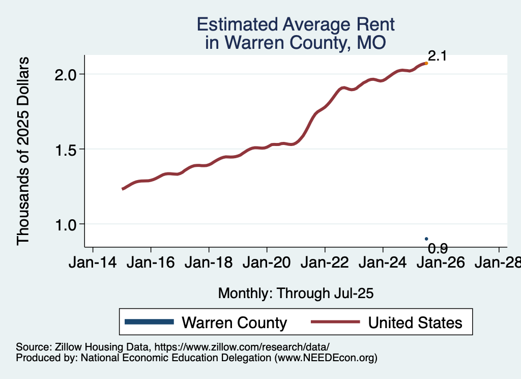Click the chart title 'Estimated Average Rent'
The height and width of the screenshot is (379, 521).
pyautogui.click(x=296, y=24)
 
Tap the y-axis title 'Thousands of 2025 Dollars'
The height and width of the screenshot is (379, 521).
pyautogui.click(x=23, y=151)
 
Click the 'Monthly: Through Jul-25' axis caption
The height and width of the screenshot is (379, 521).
pyautogui.click(x=296, y=293)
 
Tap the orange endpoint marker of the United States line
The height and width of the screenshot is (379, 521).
pyautogui.click(x=426, y=63)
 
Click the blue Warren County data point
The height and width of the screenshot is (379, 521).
pyautogui.click(x=426, y=239)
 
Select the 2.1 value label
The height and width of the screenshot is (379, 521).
pyautogui.click(x=437, y=56)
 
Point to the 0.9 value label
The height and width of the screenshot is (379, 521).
pyautogui.click(x=438, y=248)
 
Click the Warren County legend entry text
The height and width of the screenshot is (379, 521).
pyautogui.click(x=234, y=323)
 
